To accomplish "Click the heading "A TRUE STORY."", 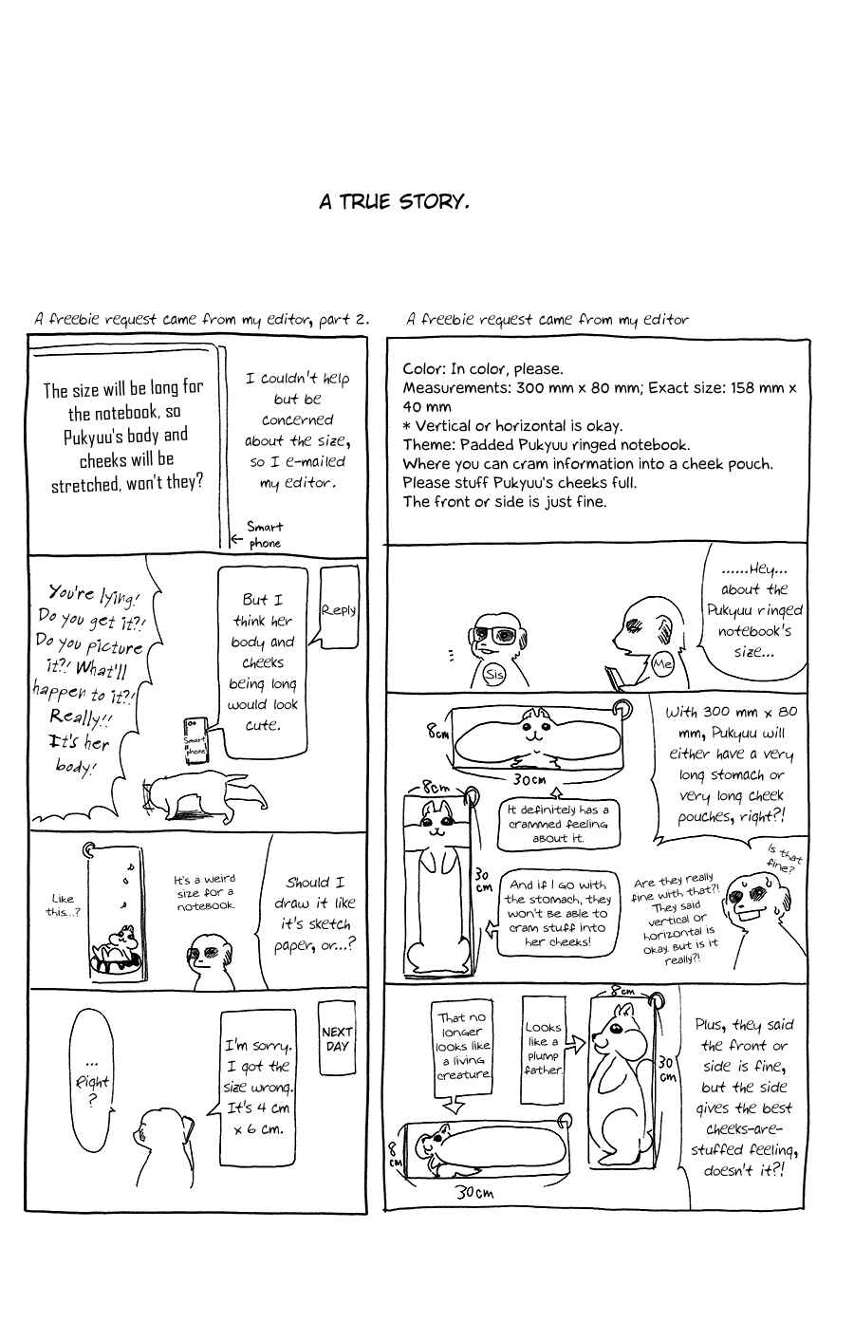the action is pyautogui.click(x=394, y=202).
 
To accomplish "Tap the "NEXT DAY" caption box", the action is pyautogui.click(x=337, y=1038).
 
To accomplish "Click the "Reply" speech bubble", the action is pyautogui.click(x=339, y=608).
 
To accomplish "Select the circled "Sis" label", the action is pyautogui.click(x=494, y=674).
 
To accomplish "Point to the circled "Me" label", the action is pyautogui.click(x=662, y=664).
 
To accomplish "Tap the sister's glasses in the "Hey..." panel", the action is pyautogui.click(x=494, y=635).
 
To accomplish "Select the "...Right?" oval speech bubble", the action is pyautogui.click(x=91, y=1080).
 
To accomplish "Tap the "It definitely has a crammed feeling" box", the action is pyautogui.click(x=557, y=824).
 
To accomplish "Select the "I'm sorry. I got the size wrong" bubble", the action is pyautogui.click(x=257, y=1088).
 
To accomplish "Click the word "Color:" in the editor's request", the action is pyautogui.click(x=424, y=369).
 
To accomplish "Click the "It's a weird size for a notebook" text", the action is pyautogui.click(x=205, y=892).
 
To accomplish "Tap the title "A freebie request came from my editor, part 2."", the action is pyautogui.click(x=201, y=320).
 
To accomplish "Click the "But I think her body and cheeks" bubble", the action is pyautogui.click(x=263, y=662).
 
